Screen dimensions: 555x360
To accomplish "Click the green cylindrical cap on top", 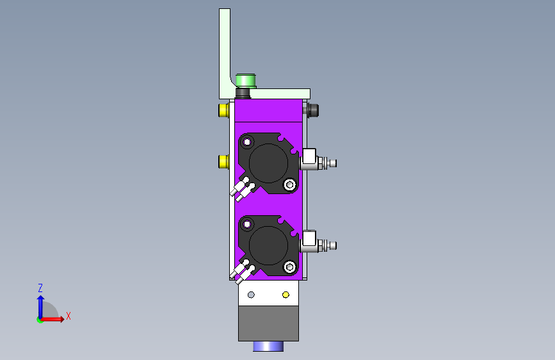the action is [x=246, y=80].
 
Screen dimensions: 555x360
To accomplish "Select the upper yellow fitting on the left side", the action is [x=223, y=110].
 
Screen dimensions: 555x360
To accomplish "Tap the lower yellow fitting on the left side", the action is [x=223, y=161].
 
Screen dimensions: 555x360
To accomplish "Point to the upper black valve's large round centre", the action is [x=268, y=163].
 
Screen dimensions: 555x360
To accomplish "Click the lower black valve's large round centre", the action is [x=268, y=245].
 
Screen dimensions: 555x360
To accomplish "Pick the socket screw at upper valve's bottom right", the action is [x=290, y=184].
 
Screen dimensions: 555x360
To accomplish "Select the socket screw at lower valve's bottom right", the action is [x=290, y=267].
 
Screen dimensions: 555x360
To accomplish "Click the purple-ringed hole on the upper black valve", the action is [x=247, y=142].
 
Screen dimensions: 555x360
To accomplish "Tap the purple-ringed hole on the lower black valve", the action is [x=247, y=224].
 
